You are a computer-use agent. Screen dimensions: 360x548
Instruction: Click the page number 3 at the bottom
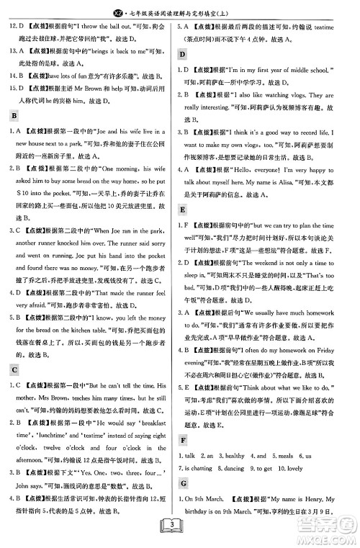(180, 531)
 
